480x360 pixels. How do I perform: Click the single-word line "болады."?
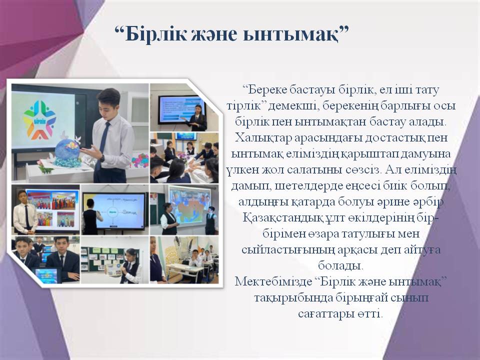pyautogui.click(x=340, y=265)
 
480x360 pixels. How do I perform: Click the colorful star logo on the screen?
pyautogui.click(x=39, y=119)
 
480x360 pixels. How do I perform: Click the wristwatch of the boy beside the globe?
pyautogui.click(x=102, y=158)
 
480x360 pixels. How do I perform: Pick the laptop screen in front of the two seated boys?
pyautogui.click(x=46, y=274)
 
